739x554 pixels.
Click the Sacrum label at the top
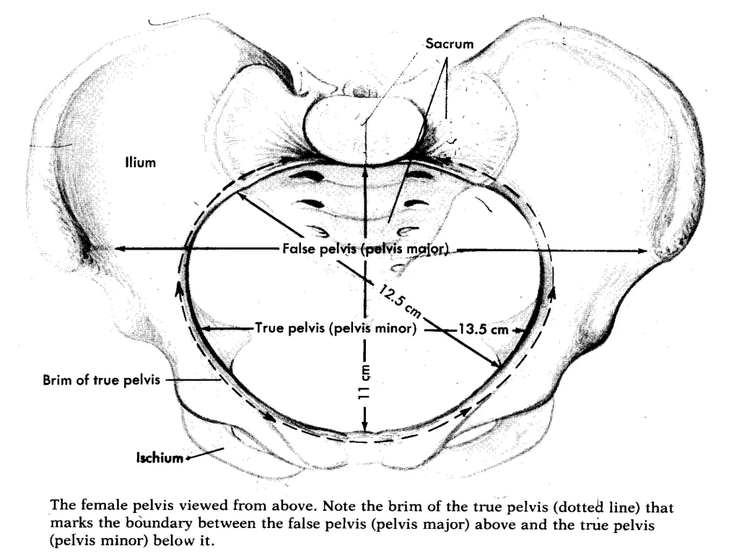coord(449,44)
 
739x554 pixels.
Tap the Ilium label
coord(139,164)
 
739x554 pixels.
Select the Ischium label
coord(159,457)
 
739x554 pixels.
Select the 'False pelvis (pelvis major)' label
coord(366,250)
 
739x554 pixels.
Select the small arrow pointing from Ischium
coord(193,457)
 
